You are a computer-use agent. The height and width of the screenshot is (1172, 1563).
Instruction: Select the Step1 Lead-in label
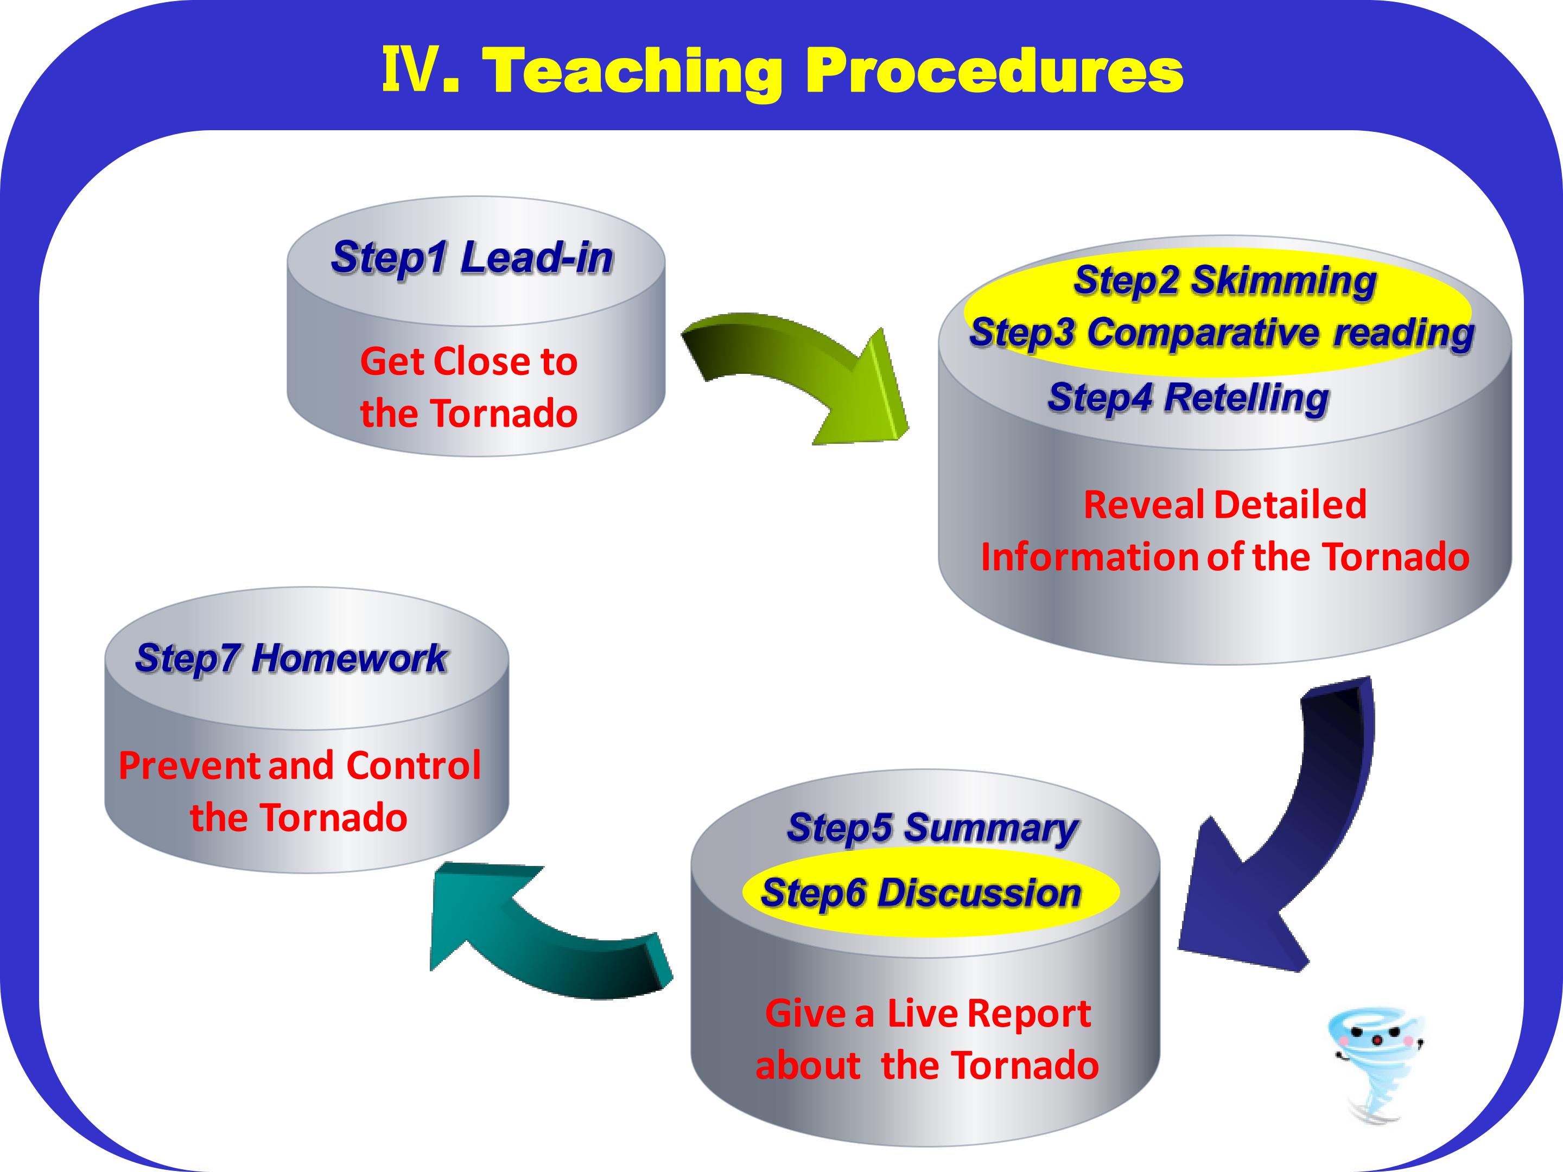point(472,257)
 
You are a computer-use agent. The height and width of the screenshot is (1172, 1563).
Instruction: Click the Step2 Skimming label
point(1224,281)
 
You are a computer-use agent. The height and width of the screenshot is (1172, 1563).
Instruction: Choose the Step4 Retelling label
point(1189,398)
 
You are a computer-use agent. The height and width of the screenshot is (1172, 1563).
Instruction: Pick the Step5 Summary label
point(933,828)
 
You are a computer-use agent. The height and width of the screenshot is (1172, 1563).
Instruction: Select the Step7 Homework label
point(291,659)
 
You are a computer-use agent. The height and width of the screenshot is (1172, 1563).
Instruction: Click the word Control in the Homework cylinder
point(414,766)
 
